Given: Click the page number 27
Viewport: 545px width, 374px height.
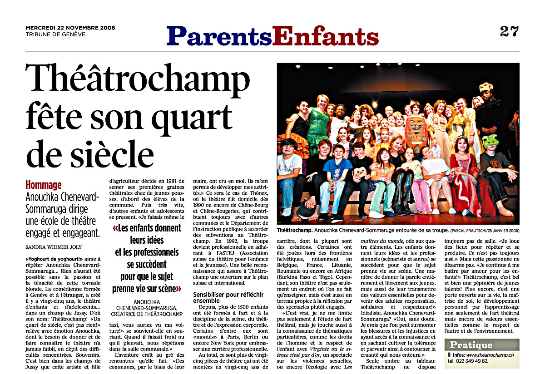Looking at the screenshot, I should point(509,31).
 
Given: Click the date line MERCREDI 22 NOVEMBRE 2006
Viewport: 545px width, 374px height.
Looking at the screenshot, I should point(70,28).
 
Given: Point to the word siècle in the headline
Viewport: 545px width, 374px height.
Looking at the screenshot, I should point(111,154).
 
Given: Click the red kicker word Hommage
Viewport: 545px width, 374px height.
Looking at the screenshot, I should point(44,185).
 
